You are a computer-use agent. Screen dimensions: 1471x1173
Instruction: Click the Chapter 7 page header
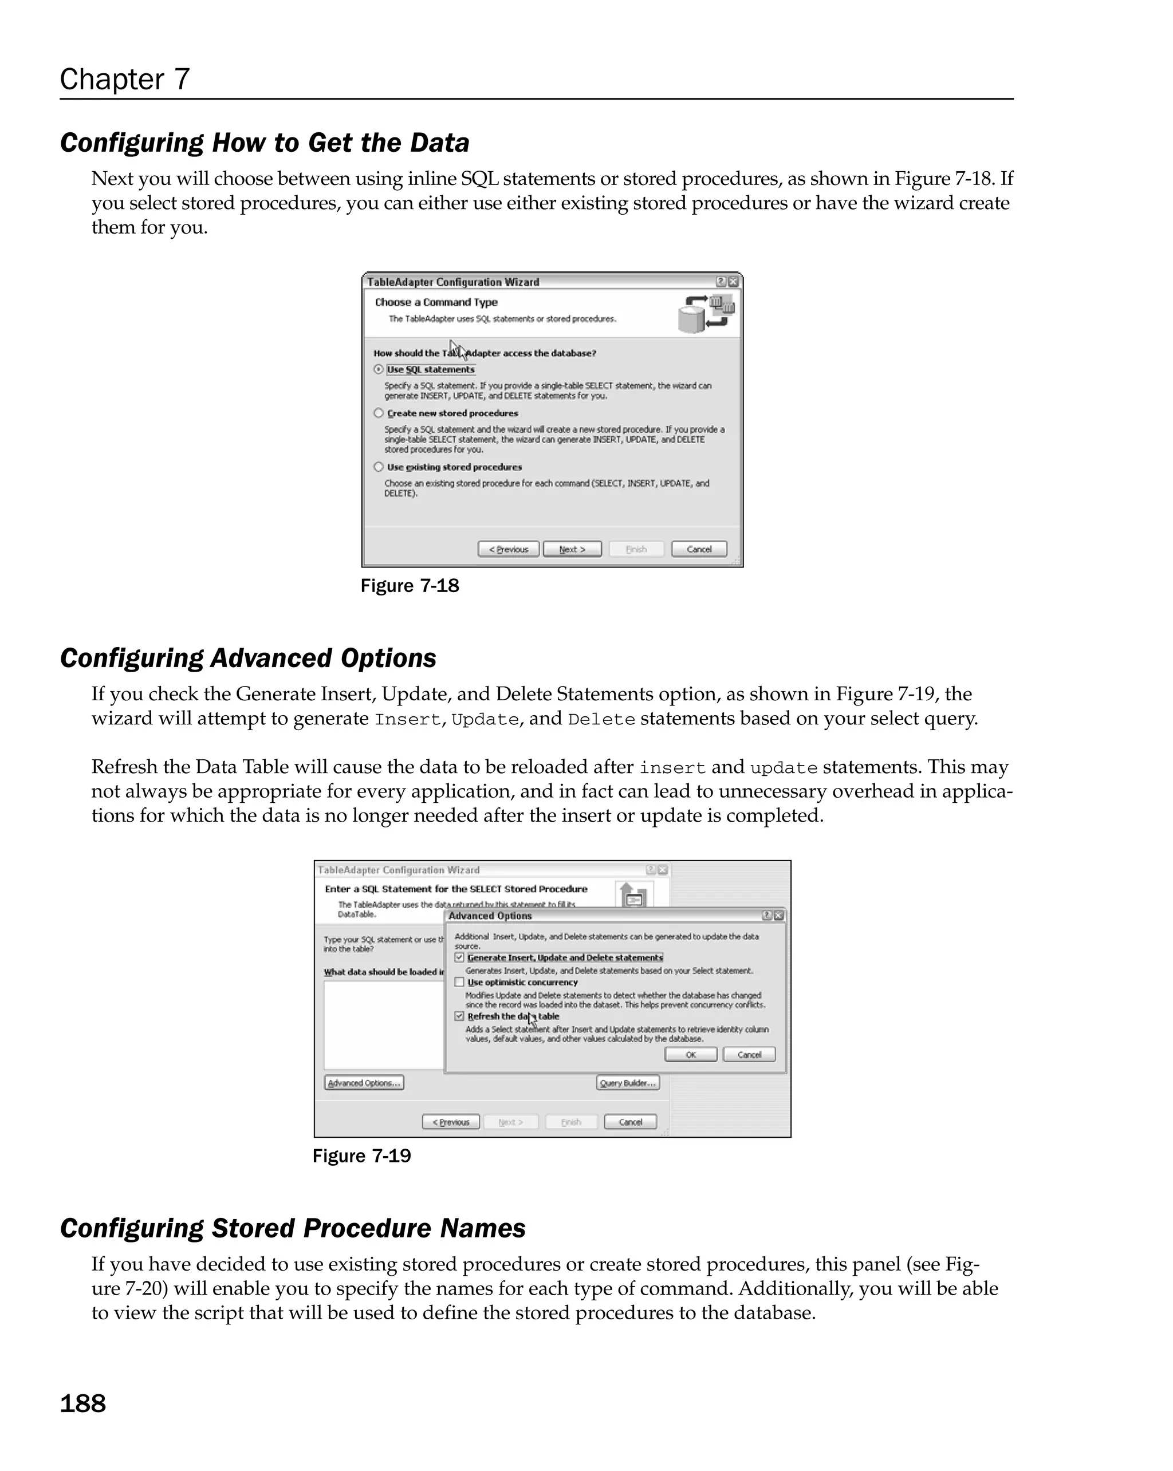(124, 79)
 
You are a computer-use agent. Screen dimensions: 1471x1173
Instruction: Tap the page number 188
(82, 1403)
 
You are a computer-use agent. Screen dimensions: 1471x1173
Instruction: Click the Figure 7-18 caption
(410, 586)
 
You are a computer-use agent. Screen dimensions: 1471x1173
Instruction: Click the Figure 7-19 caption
(361, 1155)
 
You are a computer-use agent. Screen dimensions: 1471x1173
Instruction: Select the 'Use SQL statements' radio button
(379, 369)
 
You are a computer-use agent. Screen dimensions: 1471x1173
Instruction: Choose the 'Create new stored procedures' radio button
(379, 413)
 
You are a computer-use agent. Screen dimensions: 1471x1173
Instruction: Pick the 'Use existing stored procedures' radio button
(379, 467)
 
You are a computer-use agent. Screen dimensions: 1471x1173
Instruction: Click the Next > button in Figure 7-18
(572, 549)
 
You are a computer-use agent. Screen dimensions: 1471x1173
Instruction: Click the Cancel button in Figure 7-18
(699, 549)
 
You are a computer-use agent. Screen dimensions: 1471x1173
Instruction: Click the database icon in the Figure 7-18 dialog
(705, 314)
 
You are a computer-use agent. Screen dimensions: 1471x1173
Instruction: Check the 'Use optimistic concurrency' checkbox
(460, 983)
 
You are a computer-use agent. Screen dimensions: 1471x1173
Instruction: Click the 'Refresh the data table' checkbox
(460, 1016)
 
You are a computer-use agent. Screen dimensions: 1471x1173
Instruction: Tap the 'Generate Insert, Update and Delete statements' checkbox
(460, 957)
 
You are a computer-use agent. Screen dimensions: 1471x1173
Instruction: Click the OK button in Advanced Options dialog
(691, 1055)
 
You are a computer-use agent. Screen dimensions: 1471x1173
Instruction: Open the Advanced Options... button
(364, 1083)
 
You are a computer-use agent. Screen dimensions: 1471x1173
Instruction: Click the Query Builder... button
(627, 1083)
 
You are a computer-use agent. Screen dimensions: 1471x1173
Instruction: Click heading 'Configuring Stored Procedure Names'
(293, 1228)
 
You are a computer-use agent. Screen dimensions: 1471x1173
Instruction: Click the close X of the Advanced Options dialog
(778, 916)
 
